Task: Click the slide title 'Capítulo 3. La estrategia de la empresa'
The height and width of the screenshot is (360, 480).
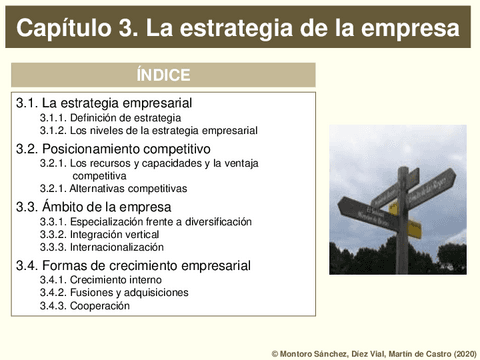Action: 239,29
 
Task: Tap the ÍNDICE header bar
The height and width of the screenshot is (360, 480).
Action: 163,75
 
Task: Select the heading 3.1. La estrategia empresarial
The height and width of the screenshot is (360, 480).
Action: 104,103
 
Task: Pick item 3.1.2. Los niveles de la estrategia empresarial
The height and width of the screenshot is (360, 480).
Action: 148,130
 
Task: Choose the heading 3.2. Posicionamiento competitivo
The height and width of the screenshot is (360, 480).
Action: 113,148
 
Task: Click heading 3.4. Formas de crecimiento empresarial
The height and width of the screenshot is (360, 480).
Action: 133,265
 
